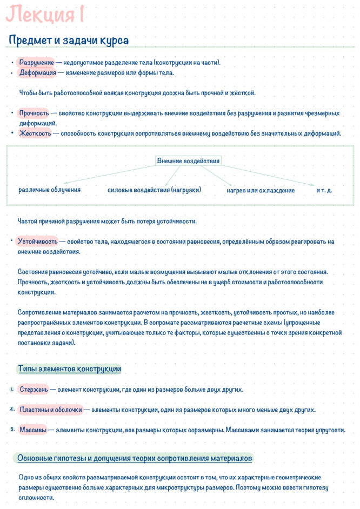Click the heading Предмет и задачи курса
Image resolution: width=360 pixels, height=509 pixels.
coord(69,41)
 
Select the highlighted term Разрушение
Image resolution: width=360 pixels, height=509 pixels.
coord(37,63)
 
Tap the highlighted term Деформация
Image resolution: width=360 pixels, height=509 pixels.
coord(38,73)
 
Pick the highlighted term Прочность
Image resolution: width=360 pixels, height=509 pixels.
coord(34,113)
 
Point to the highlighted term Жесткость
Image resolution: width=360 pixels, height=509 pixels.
coord(35,133)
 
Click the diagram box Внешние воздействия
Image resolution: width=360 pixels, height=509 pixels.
coord(188,161)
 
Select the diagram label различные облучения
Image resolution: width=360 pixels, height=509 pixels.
coord(49,190)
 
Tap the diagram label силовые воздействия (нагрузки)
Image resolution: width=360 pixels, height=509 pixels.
coord(154,190)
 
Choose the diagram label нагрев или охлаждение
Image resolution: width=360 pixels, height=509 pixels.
coord(261,191)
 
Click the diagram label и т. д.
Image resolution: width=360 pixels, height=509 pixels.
coord(324,191)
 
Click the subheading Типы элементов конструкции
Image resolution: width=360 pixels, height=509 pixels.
coord(69,369)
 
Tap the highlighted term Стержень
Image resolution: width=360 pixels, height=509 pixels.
coord(34,390)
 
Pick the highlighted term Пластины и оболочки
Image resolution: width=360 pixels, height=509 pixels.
coord(51,410)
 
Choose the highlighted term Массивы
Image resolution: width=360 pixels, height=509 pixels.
coord(33,430)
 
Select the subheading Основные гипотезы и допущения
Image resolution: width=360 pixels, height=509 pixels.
coord(134,459)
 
